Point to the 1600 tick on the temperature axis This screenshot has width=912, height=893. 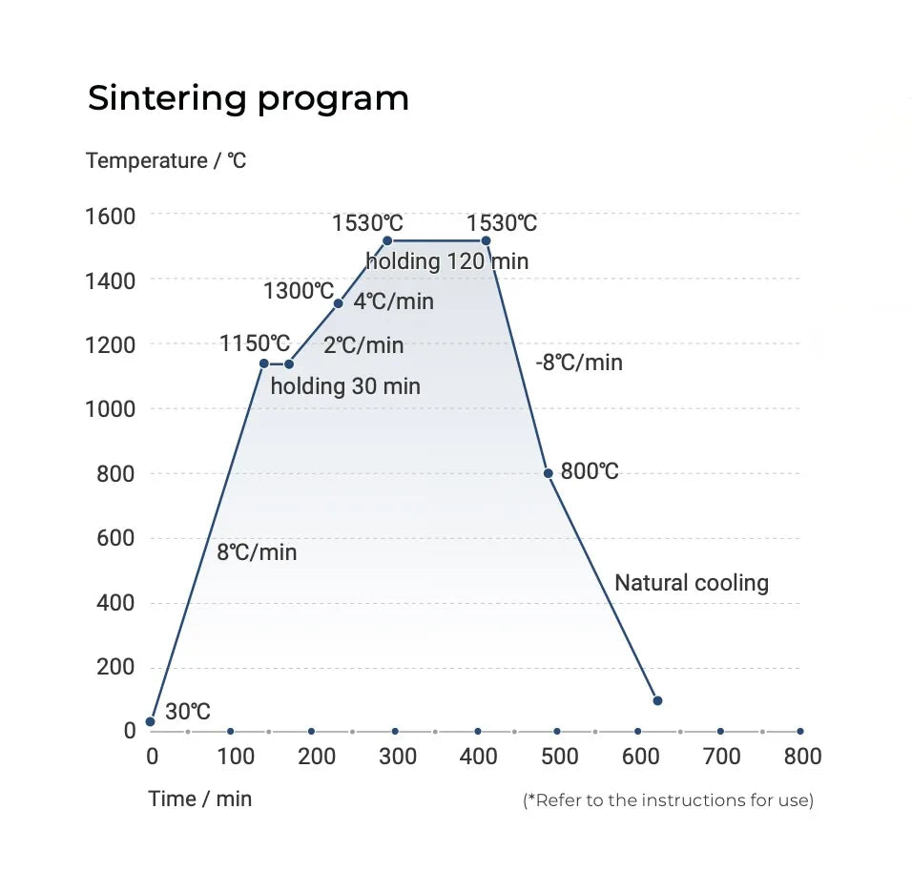click(x=111, y=217)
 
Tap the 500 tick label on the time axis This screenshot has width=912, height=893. click(x=560, y=757)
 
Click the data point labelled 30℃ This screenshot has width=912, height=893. click(x=150, y=721)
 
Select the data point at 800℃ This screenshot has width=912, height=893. click(x=548, y=473)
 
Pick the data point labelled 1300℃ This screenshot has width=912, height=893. click(x=338, y=303)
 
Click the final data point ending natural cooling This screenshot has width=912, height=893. click(x=657, y=700)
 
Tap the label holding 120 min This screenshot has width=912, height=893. click(x=447, y=261)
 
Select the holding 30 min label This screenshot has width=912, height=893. click(x=345, y=386)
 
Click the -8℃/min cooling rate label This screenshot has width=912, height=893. click(x=579, y=363)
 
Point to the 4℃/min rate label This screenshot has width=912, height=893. click(x=394, y=301)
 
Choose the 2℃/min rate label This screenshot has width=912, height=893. click(x=363, y=345)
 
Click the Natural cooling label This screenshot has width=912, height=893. click(x=692, y=583)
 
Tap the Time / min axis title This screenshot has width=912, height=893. click(x=200, y=799)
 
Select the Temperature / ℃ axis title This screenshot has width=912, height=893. click(x=166, y=160)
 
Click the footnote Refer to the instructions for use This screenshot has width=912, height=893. click(x=669, y=800)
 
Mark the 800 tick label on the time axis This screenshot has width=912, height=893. click(x=802, y=757)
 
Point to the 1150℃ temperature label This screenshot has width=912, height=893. click(x=255, y=343)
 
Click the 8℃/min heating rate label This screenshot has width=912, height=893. click(x=257, y=552)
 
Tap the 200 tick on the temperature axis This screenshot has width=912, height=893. click(x=115, y=667)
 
